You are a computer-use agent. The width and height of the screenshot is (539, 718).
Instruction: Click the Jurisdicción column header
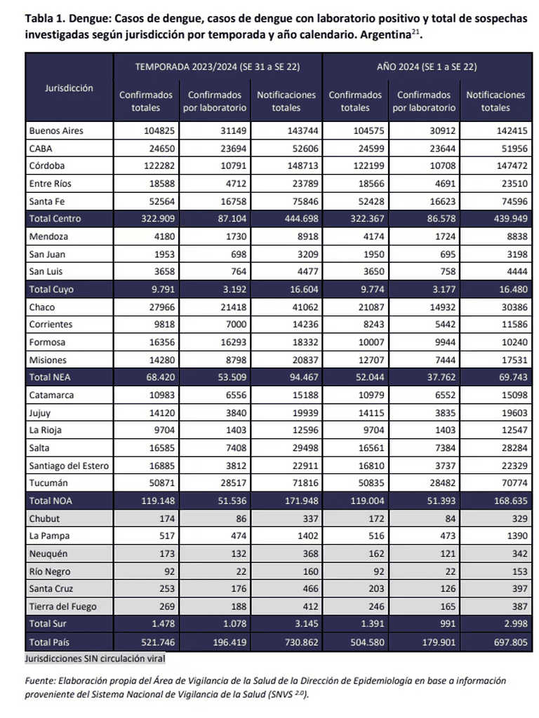[x=68, y=88]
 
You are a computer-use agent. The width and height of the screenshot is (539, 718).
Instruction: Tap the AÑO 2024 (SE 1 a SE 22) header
[x=427, y=67]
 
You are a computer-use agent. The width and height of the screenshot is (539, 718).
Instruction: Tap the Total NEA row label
[x=50, y=377]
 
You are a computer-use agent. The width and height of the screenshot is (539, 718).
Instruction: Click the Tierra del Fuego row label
[x=63, y=607]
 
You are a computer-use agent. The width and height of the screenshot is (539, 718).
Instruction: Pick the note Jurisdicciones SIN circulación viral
[x=95, y=659]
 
